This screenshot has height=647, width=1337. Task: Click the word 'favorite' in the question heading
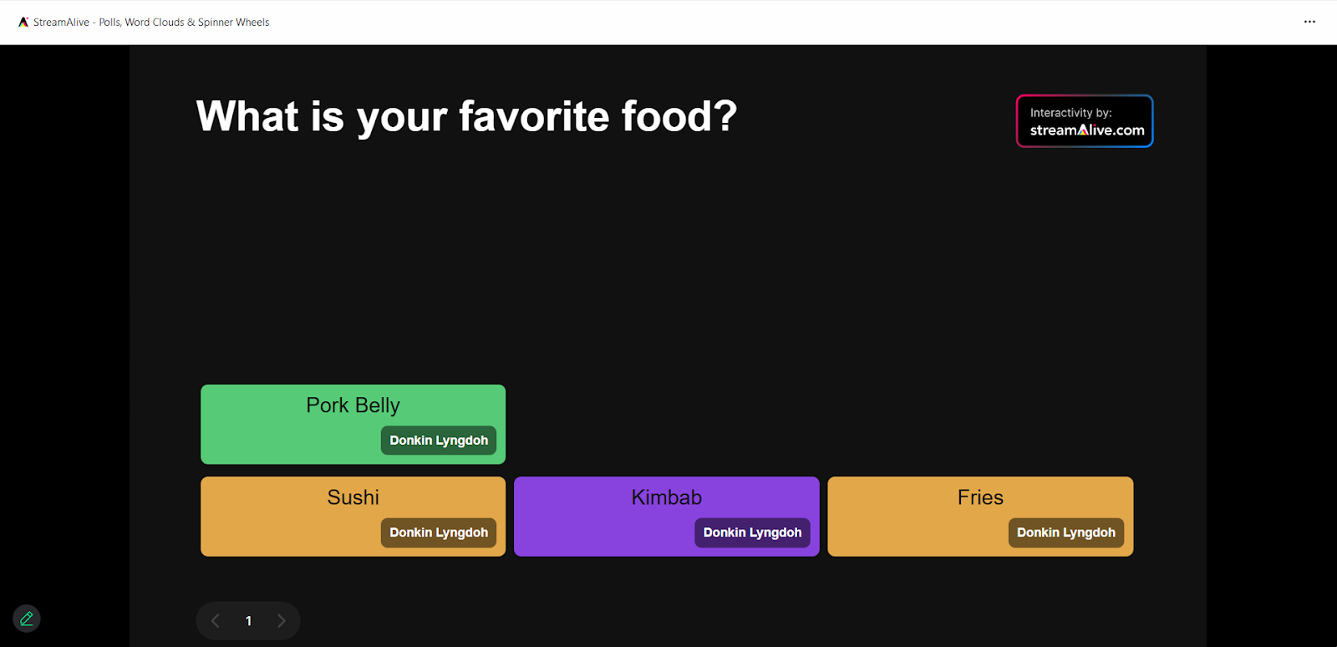point(534,116)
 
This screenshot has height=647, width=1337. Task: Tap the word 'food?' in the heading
point(679,116)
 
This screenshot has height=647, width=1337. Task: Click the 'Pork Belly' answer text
point(353,405)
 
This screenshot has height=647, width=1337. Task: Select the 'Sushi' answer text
point(353,497)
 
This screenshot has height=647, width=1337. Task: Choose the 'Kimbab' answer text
point(666,497)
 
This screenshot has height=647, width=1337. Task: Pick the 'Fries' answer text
point(980,497)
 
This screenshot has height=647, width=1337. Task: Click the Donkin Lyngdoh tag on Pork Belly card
point(439,441)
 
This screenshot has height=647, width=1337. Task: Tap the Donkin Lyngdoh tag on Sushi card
point(439,532)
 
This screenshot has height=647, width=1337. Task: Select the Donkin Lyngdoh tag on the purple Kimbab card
point(752,532)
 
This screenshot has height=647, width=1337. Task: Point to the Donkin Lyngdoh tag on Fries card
point(1066,532)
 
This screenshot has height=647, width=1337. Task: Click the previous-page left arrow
point(216,621)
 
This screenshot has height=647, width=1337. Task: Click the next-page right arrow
point(281,621)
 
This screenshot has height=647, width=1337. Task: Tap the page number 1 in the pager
point(248,621)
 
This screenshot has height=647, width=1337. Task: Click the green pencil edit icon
point(26,619)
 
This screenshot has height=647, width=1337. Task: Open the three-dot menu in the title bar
point(1309,22)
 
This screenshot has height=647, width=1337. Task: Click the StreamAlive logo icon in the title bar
point(23,22)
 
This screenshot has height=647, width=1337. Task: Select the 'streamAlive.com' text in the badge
point(1087,130)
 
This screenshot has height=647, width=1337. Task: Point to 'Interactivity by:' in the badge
point(1070,113)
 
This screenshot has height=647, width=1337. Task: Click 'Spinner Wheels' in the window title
point(233,22)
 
